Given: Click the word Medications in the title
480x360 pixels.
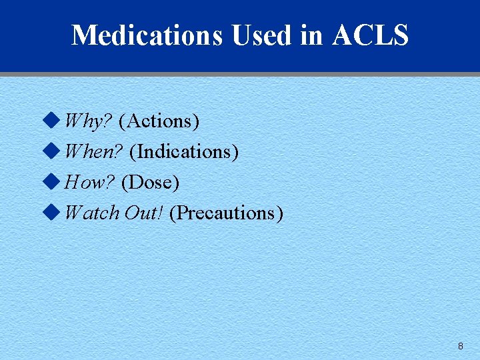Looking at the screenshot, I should point(147,35).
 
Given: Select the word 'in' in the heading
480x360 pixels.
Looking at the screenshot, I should point(311,35).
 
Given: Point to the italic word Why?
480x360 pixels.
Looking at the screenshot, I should point(88,121).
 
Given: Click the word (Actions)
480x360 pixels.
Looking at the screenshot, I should point(159,121).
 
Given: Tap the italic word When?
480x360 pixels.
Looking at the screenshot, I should point(93,152).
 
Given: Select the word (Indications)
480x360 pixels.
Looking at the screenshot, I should point(184,152).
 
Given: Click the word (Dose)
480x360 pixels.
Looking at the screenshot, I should point(151,182).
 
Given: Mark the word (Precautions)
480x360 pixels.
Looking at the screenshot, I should point(227,213).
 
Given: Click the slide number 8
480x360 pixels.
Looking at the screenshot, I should point(460,346).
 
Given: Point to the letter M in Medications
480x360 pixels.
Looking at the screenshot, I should point(83,35).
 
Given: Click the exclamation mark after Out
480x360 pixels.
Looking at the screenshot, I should point(161,213).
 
